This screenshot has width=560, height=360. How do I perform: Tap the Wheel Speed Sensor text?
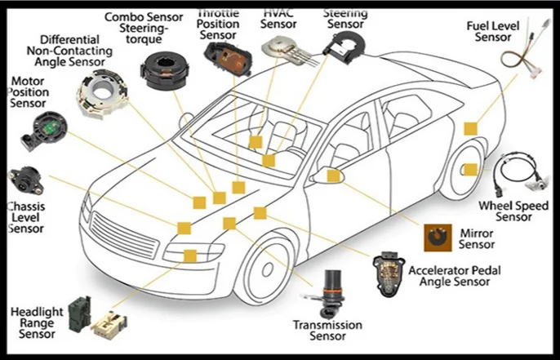pyautogui.click(x=513, y=211)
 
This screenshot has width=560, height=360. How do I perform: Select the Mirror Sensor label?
pyautogui.click(x=476, y=238)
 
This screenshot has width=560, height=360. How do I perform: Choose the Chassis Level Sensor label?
pyautogui.click(x=25, y=218)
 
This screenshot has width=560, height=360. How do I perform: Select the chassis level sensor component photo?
pyautogui.click(x=24, y=181)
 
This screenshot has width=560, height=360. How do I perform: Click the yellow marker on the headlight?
pyautogui.click(x=190, y=256)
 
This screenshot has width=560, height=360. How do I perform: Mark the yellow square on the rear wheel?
pyautogui.click(x=470, y=169)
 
